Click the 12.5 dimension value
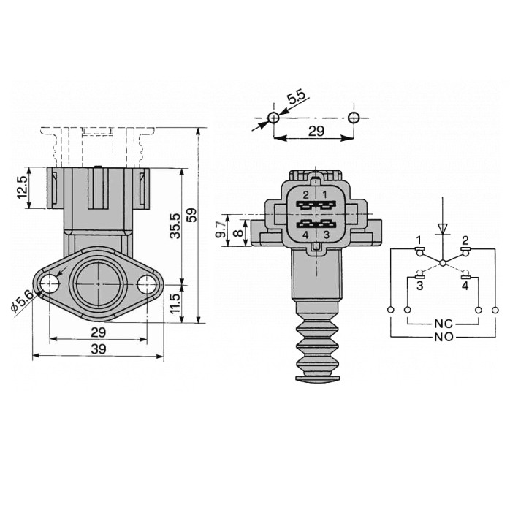pyautogui.click(x=23, y=188)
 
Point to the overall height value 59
pyautogui.click(x=192, y=216)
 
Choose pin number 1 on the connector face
pyautogui.click(x=326, y=194)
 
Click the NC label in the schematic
pyautogui.click(x=441, y=322)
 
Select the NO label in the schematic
pyautogui.click(x=441, y=337)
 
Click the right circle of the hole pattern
pyautogui.click(x=354, y=118)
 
